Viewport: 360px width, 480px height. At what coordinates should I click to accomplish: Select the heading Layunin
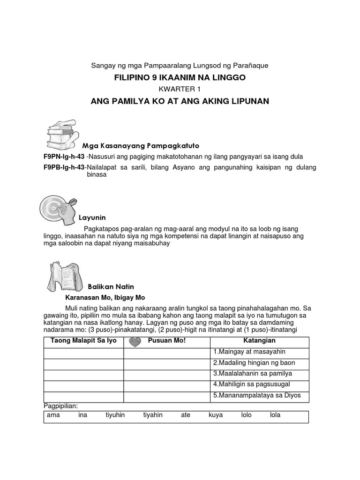[x=92, y=217]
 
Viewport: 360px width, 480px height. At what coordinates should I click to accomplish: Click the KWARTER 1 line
[x=180, y=89]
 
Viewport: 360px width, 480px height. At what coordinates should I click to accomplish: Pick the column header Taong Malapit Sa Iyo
[x=83, y=340]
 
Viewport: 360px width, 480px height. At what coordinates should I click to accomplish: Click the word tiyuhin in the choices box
[x=115, y=415]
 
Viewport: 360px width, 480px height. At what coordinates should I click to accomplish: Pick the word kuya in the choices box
[x=216, y=415]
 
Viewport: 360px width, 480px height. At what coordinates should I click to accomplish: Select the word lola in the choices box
[x=275, y=415]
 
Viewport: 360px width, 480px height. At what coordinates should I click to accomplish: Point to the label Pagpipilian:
[x=60, y=405]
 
